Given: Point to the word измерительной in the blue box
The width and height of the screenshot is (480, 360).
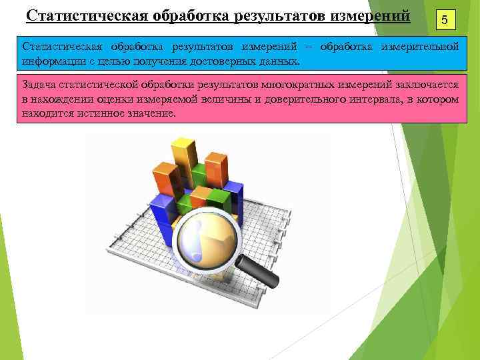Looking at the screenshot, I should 419,47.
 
